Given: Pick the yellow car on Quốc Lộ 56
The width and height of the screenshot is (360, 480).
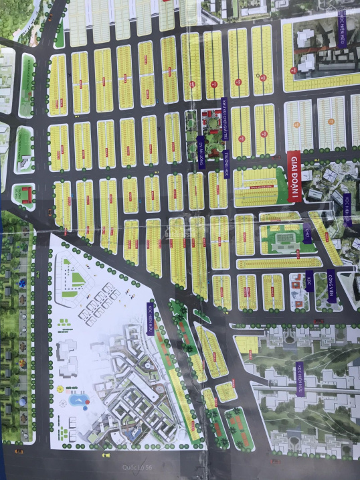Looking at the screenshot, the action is point(104,455).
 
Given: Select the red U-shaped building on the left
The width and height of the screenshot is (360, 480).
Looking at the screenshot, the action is point(25,194).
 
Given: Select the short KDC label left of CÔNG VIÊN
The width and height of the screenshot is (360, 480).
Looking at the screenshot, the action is point(308,278).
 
